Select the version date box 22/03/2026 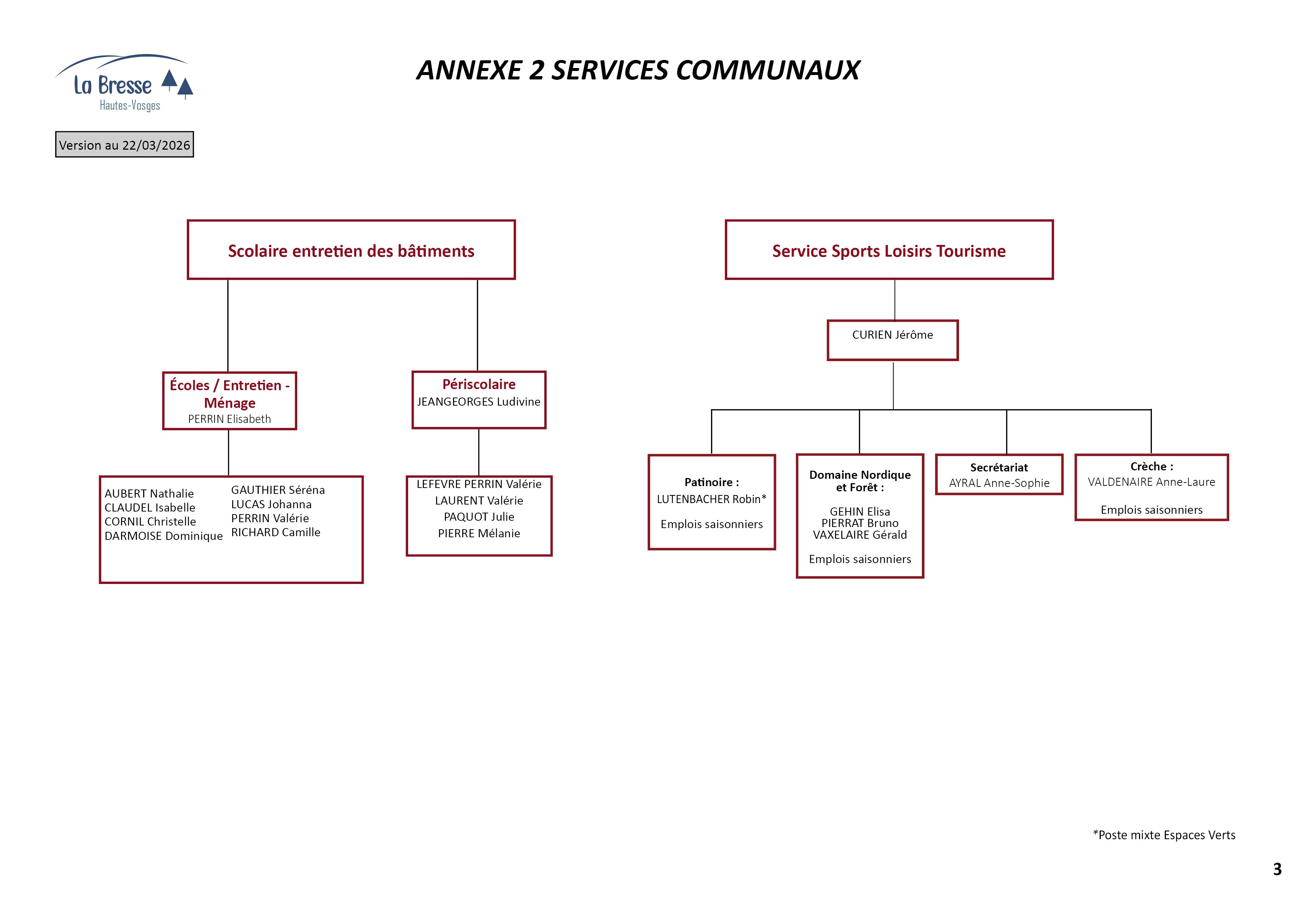point(124,145)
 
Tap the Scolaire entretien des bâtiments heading point(351,251)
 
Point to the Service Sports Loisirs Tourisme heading point(888,251)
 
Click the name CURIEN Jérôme point(892,335)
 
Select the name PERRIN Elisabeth point(229,419)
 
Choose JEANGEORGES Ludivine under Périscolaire point(478,402)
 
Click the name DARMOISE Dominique point(164,536)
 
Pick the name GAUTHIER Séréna point(278,490)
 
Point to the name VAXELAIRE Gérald point(860,535)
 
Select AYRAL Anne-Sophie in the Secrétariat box point(999,483)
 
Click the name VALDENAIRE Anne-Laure point(1151,482)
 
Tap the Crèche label point(1151,466)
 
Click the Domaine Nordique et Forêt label point(860,481)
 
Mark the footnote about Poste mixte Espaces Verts point(1164,835)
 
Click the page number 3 point(1277,869)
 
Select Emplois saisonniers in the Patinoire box point(711,524)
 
